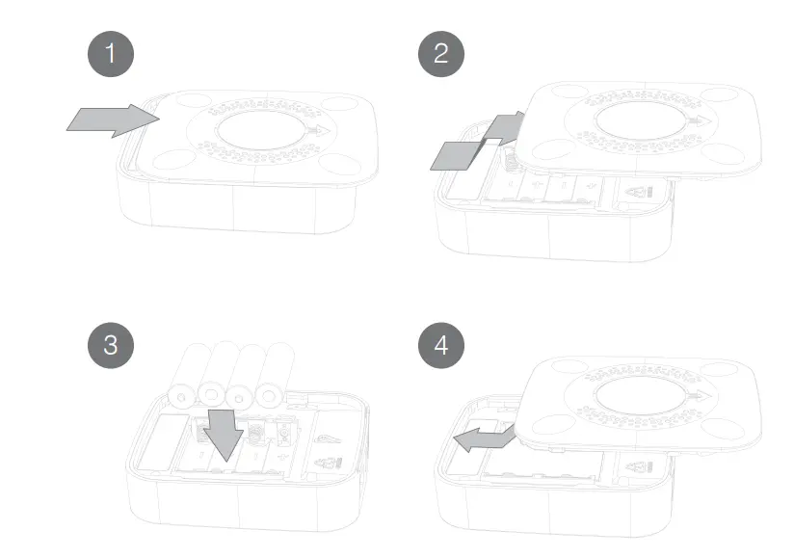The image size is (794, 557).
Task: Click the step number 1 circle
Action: [x=110, y=54]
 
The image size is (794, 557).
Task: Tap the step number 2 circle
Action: [x=441, y=54]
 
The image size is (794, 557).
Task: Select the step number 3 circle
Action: [x=110, y=344]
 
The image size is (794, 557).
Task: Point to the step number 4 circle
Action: [x=441, y=344]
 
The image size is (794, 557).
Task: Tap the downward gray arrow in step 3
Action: [x=225, y=433]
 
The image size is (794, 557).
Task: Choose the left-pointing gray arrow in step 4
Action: [x=482, y=441]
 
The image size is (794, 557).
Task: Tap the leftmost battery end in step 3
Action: [x=180, y=394]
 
